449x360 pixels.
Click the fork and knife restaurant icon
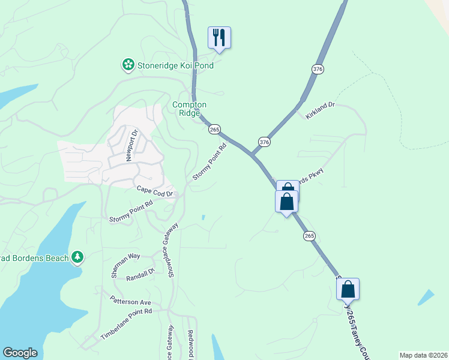coord(219,37)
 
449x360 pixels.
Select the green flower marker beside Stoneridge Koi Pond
coord(127,64)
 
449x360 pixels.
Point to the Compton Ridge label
coord(189,109)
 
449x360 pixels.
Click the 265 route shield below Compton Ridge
coord(215,129)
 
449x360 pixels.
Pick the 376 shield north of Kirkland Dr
coord(318,70)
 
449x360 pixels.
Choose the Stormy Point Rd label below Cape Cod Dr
coord(131,212)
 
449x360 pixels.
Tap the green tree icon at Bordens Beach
coord(77,257)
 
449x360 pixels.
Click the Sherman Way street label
coord(125,265)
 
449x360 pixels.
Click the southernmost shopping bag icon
coord(348,289)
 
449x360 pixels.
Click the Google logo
coord(20,353)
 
